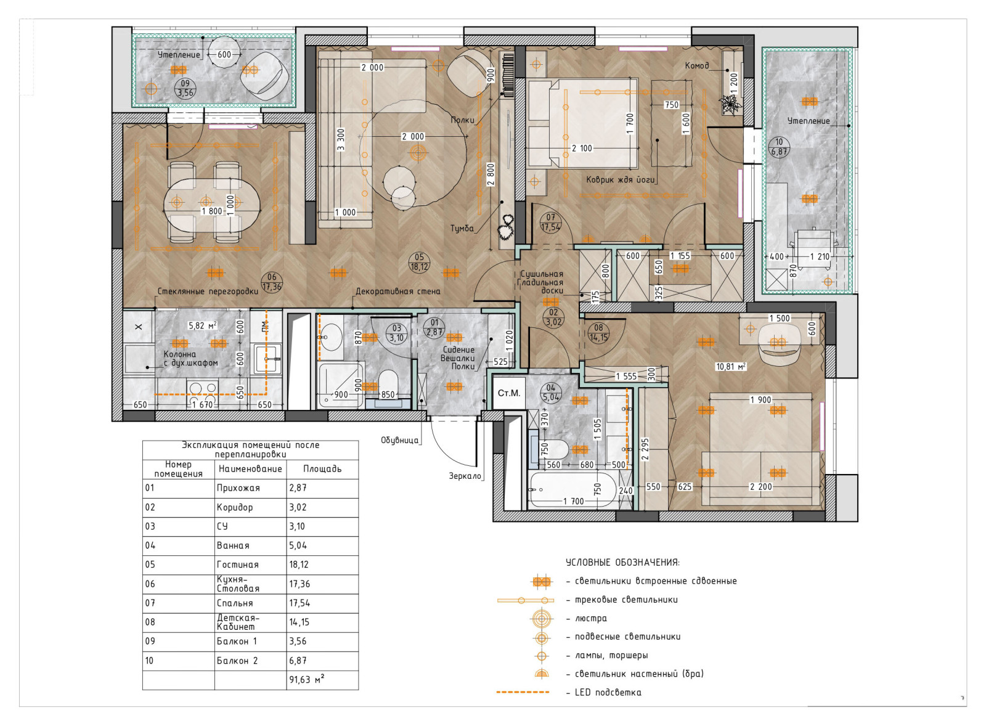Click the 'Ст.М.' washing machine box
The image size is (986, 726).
509,393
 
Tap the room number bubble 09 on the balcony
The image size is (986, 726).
185,89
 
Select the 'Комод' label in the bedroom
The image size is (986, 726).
697,65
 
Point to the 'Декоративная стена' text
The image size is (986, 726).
397,292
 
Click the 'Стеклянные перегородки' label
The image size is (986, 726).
208,292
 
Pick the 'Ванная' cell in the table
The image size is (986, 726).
233,545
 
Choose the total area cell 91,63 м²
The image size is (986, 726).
307,679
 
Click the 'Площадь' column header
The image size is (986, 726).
322,469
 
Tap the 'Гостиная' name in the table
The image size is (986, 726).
237,565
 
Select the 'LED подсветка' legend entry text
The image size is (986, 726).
608,693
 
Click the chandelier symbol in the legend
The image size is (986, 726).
542,619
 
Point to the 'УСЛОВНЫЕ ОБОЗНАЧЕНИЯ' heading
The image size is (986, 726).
622,563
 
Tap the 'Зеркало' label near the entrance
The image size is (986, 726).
465,476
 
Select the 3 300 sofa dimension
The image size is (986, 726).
341,139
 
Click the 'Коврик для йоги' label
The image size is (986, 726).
620,179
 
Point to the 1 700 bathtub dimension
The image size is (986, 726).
574,501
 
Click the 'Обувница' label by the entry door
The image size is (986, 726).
399,440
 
